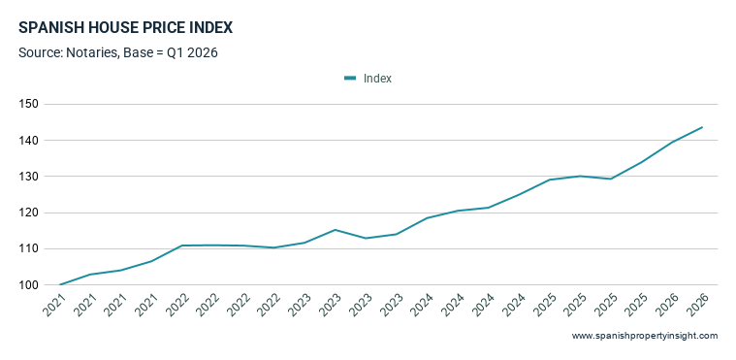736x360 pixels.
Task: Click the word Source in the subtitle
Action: (x=41, y=53)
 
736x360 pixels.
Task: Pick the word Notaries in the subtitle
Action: (x=92, y=53)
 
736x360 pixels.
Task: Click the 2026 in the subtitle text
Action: (x=203, y=53)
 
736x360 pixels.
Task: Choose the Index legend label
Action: (x=377, y=79)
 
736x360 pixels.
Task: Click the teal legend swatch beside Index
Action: (x=350, y=79)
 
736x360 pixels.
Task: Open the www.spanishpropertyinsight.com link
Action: (x=645, y=336)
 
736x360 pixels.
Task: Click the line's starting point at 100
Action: (x=60, y=285)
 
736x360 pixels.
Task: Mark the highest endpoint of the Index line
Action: (x=702, y=127)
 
